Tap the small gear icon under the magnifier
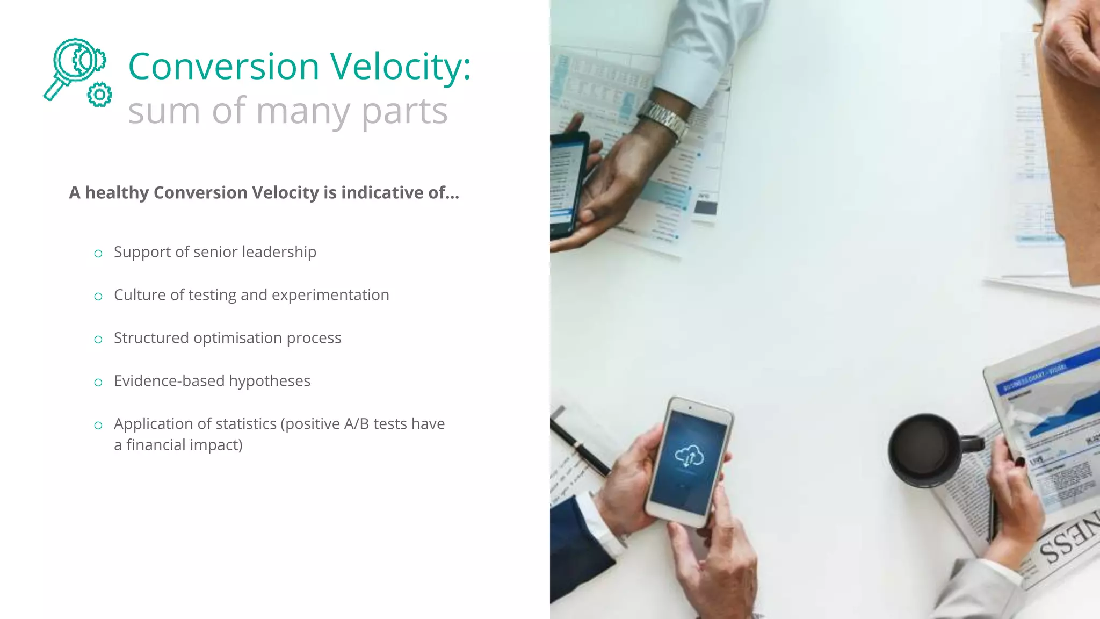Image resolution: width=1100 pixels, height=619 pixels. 99,95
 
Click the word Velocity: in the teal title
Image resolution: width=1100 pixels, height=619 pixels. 400,67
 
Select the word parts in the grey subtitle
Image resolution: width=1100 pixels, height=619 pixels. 404,111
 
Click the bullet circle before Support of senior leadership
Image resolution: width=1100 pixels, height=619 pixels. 98,253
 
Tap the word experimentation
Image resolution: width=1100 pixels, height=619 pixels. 330,294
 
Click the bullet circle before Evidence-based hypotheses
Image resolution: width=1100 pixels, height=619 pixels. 98,382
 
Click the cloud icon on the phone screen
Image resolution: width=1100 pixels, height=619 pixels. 690,456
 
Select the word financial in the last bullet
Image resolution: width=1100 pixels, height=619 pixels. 156,445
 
